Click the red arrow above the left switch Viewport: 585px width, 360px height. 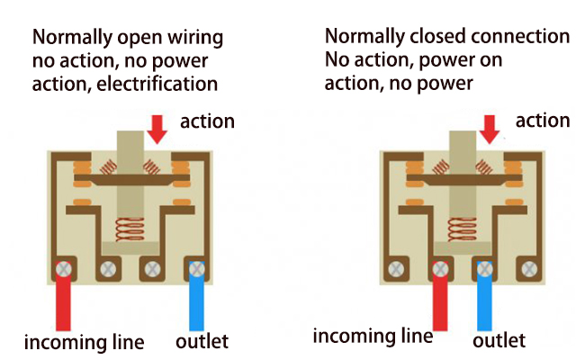coord(157,129)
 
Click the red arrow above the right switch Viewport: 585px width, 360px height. coord(490,129)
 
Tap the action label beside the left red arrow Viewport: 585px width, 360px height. coord(207,121)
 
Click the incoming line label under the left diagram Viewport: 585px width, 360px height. coord(84,342)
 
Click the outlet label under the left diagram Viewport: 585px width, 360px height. coord(202,342)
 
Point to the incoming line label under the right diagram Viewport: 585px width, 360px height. coord(373,337)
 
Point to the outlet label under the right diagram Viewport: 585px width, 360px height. coord(498,341)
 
